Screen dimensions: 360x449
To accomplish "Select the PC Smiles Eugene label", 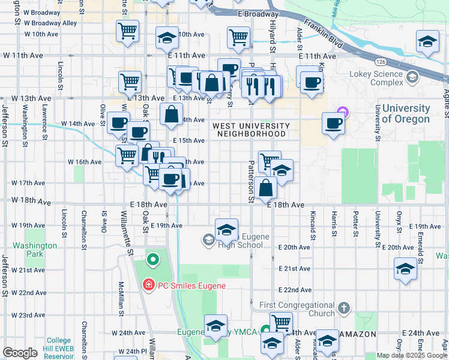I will coord(191,285).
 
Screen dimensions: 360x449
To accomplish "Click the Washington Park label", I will coord(35,250).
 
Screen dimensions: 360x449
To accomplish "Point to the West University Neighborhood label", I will coord(250,130).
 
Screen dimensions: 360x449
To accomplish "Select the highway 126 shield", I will coord(381,62).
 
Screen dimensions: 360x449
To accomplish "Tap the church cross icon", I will coord(343,309).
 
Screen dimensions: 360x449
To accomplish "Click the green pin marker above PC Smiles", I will coord(153,260).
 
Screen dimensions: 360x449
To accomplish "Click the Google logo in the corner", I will coord(20,352).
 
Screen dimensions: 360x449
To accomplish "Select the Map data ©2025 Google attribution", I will coord(412,355).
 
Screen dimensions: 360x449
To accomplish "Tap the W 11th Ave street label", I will coord(23,55).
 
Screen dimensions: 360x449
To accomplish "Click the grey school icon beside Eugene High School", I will coord(208,241).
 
